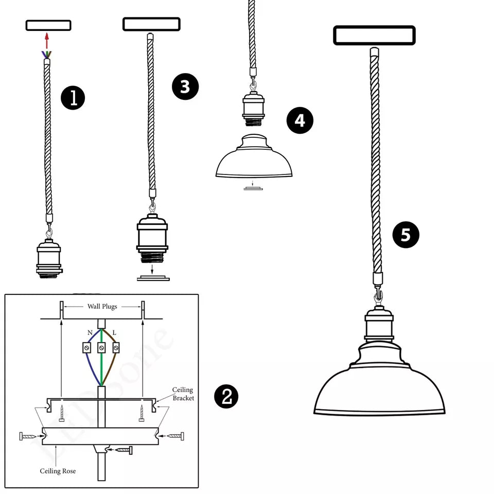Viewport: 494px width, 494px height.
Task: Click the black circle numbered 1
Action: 74,98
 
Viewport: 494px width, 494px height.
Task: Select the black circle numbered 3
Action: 185,87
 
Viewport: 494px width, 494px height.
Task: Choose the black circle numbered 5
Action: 405,235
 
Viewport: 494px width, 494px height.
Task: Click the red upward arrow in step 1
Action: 47,41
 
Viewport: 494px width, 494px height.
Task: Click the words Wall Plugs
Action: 102,307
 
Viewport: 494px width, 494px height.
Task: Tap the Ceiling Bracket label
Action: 183,394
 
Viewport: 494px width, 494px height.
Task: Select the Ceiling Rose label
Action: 58,471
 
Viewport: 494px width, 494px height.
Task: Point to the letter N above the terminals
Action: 90,333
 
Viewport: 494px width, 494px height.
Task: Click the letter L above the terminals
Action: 114,333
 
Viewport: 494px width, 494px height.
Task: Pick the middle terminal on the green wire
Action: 102,348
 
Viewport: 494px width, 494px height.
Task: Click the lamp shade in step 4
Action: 254,160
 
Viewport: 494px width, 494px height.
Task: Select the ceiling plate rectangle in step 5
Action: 374,36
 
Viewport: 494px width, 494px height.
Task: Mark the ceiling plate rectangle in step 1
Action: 48,25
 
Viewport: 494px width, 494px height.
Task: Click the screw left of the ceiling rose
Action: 28,436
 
